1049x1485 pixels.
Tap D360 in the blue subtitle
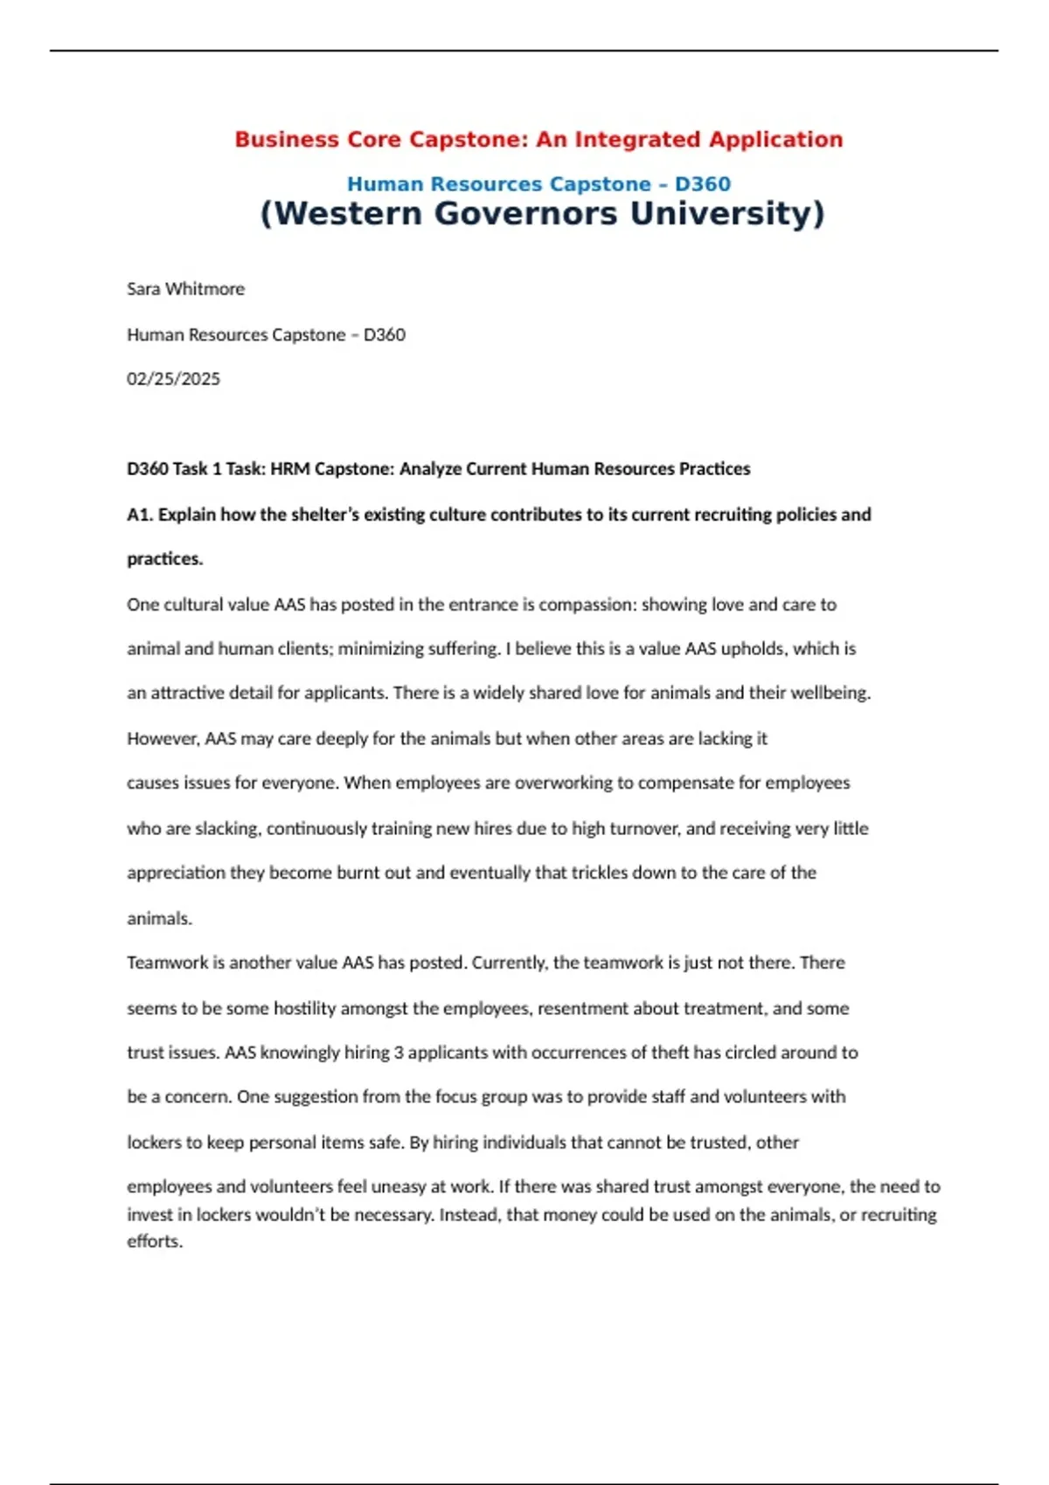(703, 184)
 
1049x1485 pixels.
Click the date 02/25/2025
(173, 379)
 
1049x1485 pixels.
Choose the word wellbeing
(830, 693)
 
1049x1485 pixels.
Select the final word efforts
(155, 1241)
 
